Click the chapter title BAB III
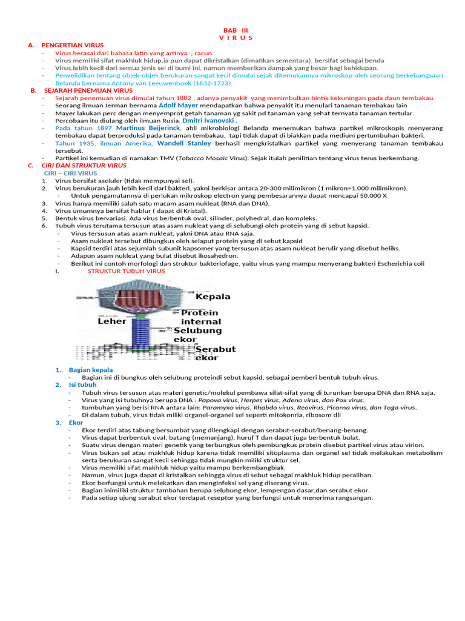[x=236, y=30]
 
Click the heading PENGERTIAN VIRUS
[x=73, y=45]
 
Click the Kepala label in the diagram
[x=213, y=297]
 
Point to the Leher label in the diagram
[x=111, y=321]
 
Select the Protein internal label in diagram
[x=201, y=317]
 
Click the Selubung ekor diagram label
[x=197, y=335]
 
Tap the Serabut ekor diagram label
[x=216, y=354]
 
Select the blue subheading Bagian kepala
[x=91, y=369]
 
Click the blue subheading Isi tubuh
[x=83, y=384]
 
